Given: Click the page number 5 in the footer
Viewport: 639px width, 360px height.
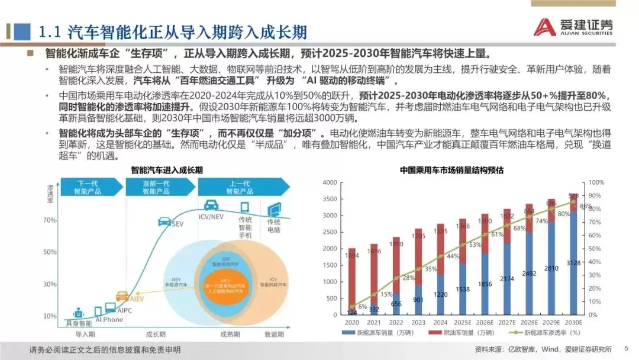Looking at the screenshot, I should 627,348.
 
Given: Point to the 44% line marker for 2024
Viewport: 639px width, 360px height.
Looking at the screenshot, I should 441,256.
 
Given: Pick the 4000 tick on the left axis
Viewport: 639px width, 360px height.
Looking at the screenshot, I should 329,183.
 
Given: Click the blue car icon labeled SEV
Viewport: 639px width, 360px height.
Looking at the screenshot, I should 165,221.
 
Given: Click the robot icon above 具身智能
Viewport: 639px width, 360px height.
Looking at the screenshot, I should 78,313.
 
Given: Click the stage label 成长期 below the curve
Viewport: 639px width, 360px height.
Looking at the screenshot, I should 154,335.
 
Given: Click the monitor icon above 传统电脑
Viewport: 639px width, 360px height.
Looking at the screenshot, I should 275,210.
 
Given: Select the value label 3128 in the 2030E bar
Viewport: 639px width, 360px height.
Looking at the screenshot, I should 574,296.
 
